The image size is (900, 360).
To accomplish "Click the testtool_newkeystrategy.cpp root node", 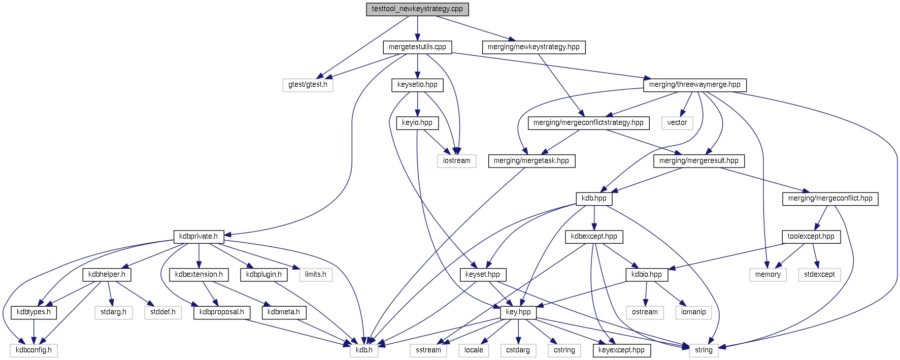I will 417,9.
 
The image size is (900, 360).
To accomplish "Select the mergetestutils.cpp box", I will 417,47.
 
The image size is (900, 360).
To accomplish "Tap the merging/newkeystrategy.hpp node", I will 534,47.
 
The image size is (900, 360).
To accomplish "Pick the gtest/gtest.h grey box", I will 308,85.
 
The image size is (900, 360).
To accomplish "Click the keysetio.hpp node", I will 417,85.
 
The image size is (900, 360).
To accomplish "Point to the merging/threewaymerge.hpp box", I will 694,85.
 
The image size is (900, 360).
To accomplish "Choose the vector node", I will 677,123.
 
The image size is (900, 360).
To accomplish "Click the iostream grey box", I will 456,161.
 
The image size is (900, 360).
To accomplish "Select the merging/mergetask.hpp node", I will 531,161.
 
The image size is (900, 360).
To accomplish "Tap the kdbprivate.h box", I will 198,237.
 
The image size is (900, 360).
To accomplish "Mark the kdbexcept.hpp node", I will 594,237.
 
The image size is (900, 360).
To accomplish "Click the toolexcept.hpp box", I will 811,237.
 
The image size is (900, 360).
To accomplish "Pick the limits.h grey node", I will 316,275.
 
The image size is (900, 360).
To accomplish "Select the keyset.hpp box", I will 482,275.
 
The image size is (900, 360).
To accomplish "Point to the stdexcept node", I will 819,275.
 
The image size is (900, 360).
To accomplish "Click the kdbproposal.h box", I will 222,312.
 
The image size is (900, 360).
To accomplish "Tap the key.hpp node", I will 518,312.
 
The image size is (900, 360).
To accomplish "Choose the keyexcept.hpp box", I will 621,350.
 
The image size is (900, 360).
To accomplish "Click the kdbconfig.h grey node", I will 34,350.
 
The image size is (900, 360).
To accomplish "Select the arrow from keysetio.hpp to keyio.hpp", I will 417,104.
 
